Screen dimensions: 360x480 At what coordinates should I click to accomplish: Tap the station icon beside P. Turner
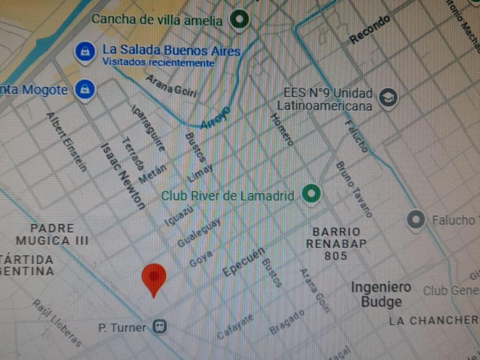coord(160,327)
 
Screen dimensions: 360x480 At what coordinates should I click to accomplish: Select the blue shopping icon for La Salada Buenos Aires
coord(85,51)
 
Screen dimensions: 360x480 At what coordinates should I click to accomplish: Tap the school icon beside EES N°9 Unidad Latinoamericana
coord(387,98)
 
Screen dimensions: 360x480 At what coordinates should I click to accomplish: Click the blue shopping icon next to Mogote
coord(84,89)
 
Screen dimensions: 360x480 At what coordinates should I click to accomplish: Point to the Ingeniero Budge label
coord(380,294)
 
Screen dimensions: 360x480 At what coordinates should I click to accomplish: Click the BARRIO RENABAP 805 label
coord(336,244)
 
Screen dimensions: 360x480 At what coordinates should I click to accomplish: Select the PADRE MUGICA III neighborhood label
coord(52,234)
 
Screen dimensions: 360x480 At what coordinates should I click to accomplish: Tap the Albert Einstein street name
coord(67,142)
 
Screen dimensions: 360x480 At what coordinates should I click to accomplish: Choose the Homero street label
coord(282,129)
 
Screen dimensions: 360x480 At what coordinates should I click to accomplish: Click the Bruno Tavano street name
coord(354,188)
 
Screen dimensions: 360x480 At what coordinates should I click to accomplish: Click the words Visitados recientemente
coord(158,62)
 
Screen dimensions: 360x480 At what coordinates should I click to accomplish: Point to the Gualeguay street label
coord(199,234)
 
